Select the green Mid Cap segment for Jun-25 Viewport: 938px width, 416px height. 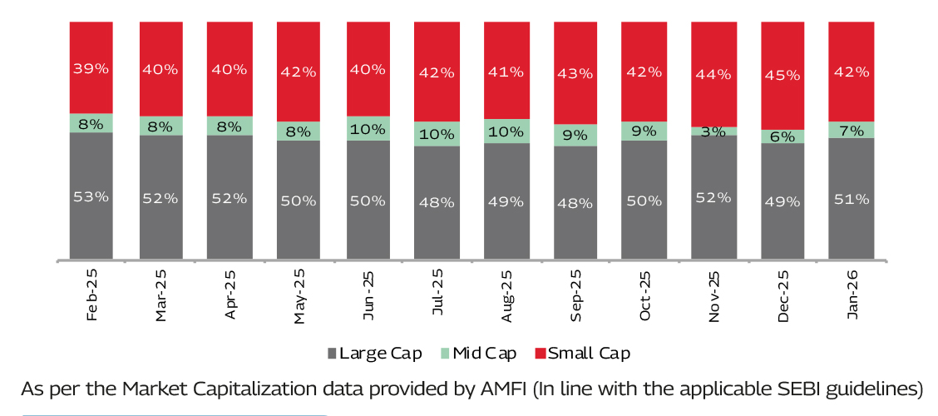pyautogui.click(x=368, y=128)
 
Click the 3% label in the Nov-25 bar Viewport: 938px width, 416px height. pyautogui.click(x=713, y=131)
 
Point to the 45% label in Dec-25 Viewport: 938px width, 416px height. pyautogui.click(x=782, y=75)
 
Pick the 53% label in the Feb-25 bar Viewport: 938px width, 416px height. pyautogui.click(x=91, y=197)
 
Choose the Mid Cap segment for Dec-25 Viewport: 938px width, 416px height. pyautogui.click(x=782, y=136)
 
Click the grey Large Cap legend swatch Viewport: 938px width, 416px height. pyautogui.click(x=333, y=354)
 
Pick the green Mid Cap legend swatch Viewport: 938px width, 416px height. pyautogui.click(x=445, y=354)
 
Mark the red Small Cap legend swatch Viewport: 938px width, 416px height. pyautogui.click(x=541, y=354)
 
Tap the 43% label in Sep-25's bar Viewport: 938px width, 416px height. pyautogui.click(x=575, y=72)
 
